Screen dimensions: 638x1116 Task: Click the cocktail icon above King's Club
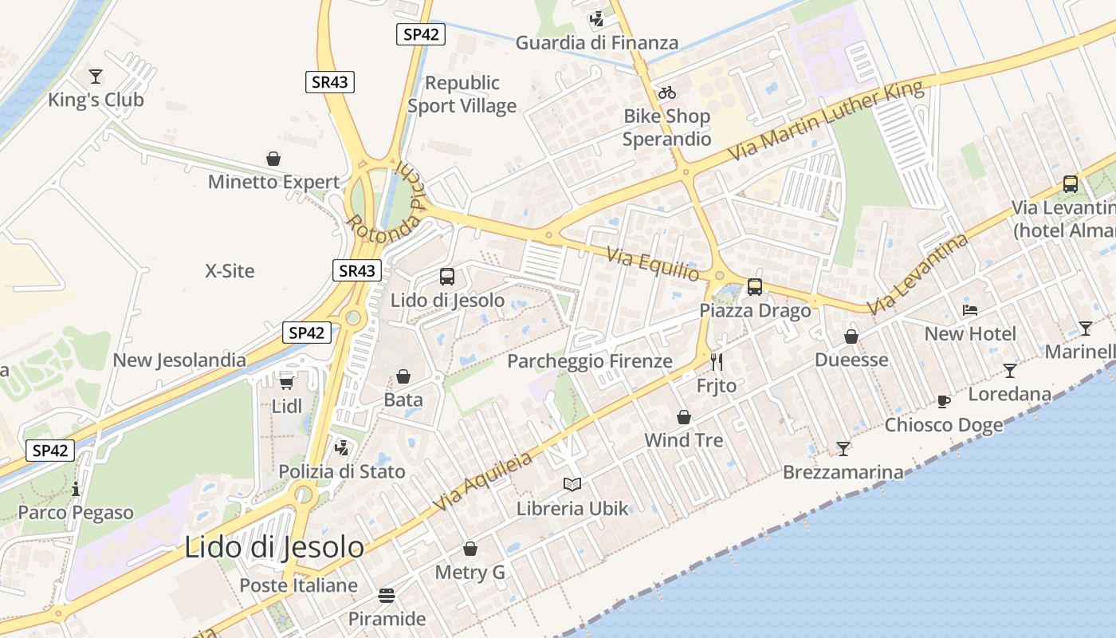click(x=96, y=77)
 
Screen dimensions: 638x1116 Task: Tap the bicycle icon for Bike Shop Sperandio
click(x=667, y=93)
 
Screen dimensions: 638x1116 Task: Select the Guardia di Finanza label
click(x=597, y=43)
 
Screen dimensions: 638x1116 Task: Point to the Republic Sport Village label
click(x=462, y=94)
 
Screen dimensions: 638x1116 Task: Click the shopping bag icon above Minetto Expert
click(x=273, y=159)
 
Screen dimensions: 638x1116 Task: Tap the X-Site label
click(x=230, y=271)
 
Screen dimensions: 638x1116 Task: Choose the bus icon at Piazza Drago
click(x=755, y=286)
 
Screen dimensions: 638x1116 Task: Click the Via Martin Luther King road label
click(x=826, y=119)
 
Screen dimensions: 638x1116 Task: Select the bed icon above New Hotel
click(x=970, y=309)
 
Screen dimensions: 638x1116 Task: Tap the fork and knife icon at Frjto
click(x=716, y=362)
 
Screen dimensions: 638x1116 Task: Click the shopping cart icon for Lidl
click(x=286, y=383)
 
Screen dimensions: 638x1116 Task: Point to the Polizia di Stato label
click(x=342, y=471)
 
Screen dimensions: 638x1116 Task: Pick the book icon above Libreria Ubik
click(x=572, y=484)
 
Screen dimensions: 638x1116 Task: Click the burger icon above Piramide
click(x=387, y=596)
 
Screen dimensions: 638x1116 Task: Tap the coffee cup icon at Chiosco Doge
click(x=944, y=401)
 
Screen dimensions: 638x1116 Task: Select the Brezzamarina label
click(x=843, y=472)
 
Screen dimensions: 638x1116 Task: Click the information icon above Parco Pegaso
click(x=76, y=489)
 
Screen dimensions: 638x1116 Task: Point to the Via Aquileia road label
click(x=483, y=482)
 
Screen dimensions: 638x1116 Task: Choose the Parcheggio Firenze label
click(x=590, y=361)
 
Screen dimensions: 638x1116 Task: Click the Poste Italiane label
click(x=299, y=585)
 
